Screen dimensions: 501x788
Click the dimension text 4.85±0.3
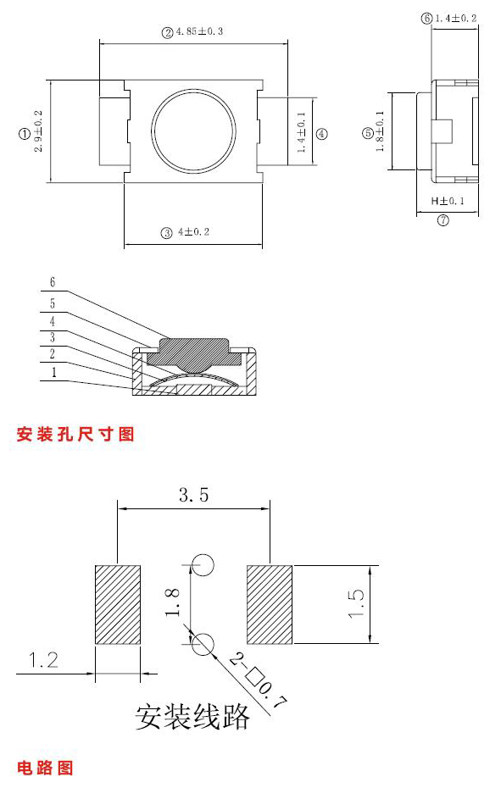(198, 31)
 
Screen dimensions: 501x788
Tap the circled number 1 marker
(24, 134)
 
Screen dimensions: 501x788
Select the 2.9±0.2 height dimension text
(38, 131)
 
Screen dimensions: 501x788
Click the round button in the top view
(193, 131)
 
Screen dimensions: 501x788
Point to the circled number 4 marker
(321, 134)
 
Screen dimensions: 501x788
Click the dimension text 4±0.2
(193, 232)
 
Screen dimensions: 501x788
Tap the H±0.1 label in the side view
(448, 201)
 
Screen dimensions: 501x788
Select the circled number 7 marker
(443, 220)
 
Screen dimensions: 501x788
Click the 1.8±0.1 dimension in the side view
(381, 131)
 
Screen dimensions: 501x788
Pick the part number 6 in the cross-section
(53, 282)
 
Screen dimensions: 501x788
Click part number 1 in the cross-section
(53, 372)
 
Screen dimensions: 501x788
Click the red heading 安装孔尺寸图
(75, 434)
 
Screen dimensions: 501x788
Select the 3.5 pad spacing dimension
(193, 495)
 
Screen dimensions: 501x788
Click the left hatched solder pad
(118, 605)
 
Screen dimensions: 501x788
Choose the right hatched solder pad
(270, 605)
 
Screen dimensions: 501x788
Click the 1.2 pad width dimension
(43, 660)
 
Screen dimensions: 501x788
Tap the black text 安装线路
(192, 717)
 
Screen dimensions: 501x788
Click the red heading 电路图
(45, 768)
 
